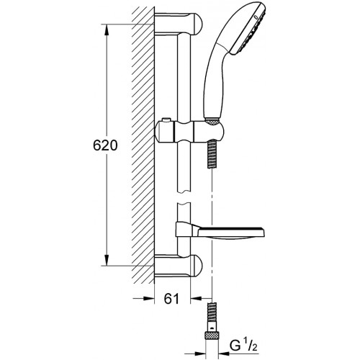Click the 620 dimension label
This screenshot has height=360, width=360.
tap(105, 145)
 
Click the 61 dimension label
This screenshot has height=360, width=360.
tap(171, 299)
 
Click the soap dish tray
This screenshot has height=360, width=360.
tap(231, 233)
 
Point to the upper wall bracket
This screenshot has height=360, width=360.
tap(179, 24)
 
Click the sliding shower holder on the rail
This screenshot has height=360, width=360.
tap(189, 131)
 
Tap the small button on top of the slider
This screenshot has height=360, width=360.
tap(166, 120)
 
